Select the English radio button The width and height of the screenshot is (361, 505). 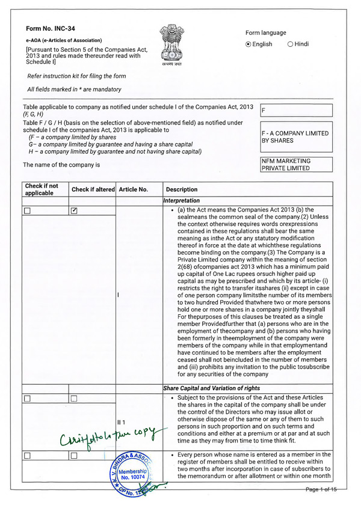coord(248,44)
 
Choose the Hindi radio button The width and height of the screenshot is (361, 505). coord(291,44)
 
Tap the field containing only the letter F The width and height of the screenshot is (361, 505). coord(295,111)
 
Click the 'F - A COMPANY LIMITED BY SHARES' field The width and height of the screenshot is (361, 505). coord(295,137)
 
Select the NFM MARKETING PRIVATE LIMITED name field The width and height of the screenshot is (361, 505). coord(295,165)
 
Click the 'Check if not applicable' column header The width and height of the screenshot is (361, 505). coord(42,189)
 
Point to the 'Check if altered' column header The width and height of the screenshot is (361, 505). coord(93,189)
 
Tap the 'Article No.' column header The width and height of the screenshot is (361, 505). coord(134,189)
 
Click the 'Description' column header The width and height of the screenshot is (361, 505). coord(181,189)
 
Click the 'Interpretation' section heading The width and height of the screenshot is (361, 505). coord(182,200)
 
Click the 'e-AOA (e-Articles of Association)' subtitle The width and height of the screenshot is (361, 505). coord(64,40)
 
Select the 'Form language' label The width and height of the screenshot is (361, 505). coord(266,32)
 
